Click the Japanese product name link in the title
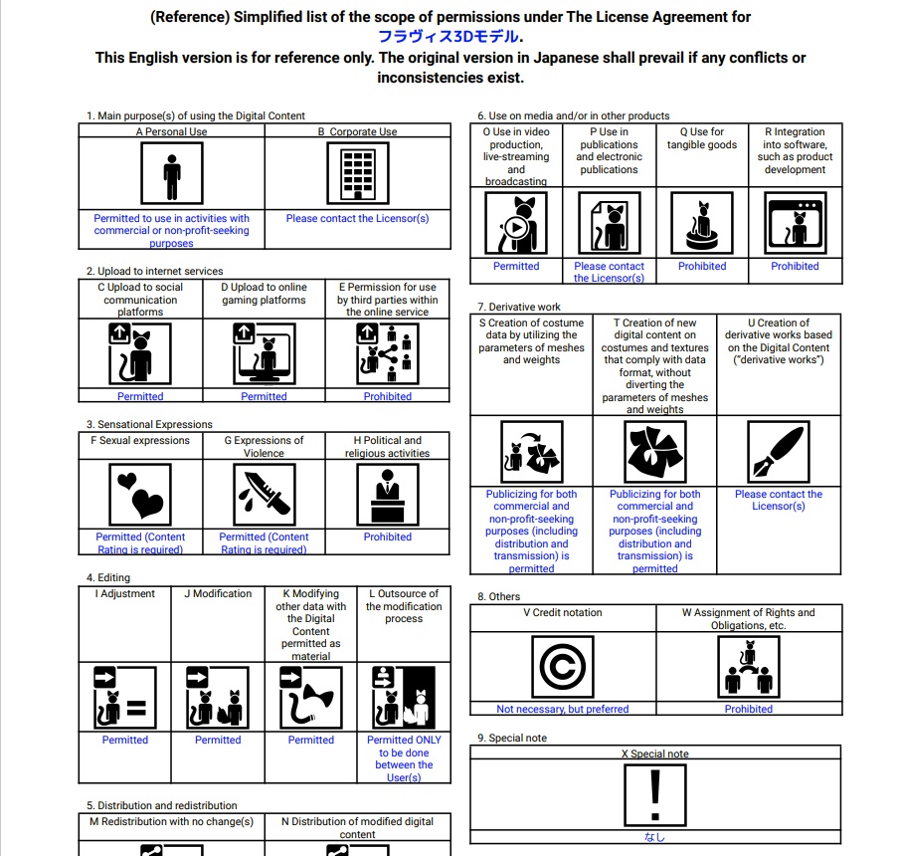coord(449,37)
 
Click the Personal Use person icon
coord(171,173)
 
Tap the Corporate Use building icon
coord(357,173)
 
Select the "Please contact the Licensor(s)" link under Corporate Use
coord(357,218)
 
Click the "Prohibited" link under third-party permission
coord(387,396)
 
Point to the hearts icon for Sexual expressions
coord(140,493)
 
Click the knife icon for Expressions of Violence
coord(264,493)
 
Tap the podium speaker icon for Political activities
coord(387,493)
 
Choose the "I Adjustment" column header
coord(125,594)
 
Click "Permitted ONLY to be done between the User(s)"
coord(404,758)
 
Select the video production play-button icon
coord(516,224)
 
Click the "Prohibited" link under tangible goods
coord(702,266)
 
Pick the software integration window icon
coord(795,224)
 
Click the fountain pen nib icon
coord(779,452)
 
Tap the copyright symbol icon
coord(563,667)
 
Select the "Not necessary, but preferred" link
coord(563,709)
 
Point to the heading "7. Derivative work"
coord(519,307)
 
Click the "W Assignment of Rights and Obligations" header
coord(748,619)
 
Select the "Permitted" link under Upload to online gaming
coord(264,396)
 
